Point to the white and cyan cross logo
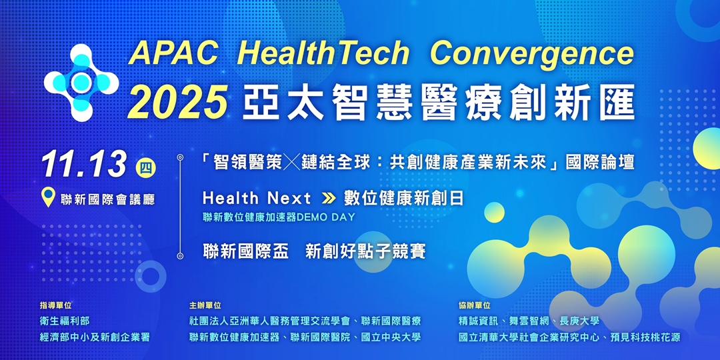(x=81, y=83)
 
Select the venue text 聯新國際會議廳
(x=107, y=199)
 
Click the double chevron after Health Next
(x=327, y=198)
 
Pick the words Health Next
(x=257, y=198)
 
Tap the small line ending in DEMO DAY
(x=279, y=217)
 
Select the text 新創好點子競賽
(x=365, y=251)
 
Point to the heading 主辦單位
(x=205, y=305)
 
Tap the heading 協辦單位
(x=475, y=305)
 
